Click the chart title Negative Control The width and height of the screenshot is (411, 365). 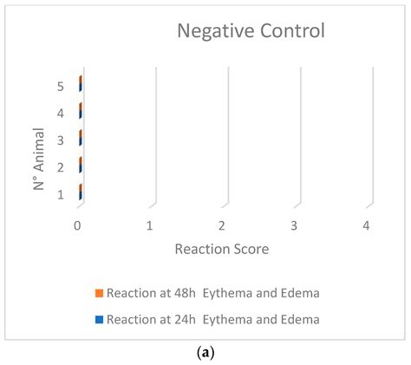coord(251,32)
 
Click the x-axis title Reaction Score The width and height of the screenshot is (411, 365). coord(221,249)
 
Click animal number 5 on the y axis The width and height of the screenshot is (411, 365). coord(60,86)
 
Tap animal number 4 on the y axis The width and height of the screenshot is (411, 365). coord(60,113)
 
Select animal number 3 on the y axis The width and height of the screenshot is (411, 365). coord(60,140)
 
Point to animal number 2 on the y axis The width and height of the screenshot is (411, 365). coord(60,166)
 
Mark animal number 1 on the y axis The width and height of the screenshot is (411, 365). coord(60,194)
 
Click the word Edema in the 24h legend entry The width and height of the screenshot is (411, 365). coord(301,319)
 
